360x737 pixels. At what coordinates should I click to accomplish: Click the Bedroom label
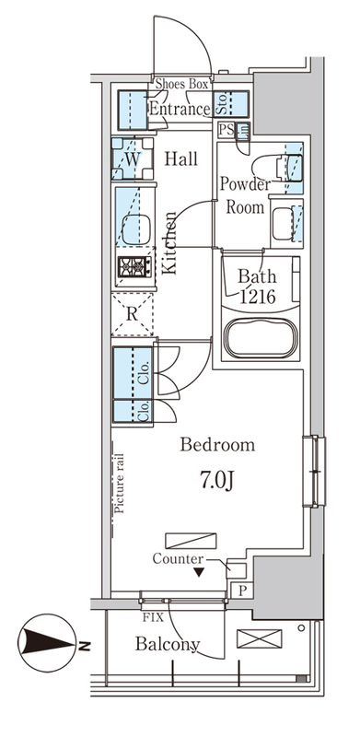(217, 444)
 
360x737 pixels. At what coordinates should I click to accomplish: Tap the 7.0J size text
(216, 480)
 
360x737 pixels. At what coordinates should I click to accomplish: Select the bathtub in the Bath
(261, 338)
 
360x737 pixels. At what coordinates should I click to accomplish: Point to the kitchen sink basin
(136, 229)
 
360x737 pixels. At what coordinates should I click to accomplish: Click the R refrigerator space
(133, 314)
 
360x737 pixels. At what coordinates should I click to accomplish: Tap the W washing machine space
(133, 158)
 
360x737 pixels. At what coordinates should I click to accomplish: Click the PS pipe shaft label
(227, 130)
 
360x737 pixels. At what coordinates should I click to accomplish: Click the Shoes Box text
(181, 85)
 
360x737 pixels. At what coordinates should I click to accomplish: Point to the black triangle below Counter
(199, 572)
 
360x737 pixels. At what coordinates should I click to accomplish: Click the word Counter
(178, 559)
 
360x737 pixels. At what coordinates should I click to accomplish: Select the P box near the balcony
(241, 591)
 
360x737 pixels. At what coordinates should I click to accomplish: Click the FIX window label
(154, 617)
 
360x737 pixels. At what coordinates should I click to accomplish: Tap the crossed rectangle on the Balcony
(260, 638)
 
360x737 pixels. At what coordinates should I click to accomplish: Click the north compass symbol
(47, 642)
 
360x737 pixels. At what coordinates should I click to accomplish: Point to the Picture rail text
(120, 483)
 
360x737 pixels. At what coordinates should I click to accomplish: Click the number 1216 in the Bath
(258, 298)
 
